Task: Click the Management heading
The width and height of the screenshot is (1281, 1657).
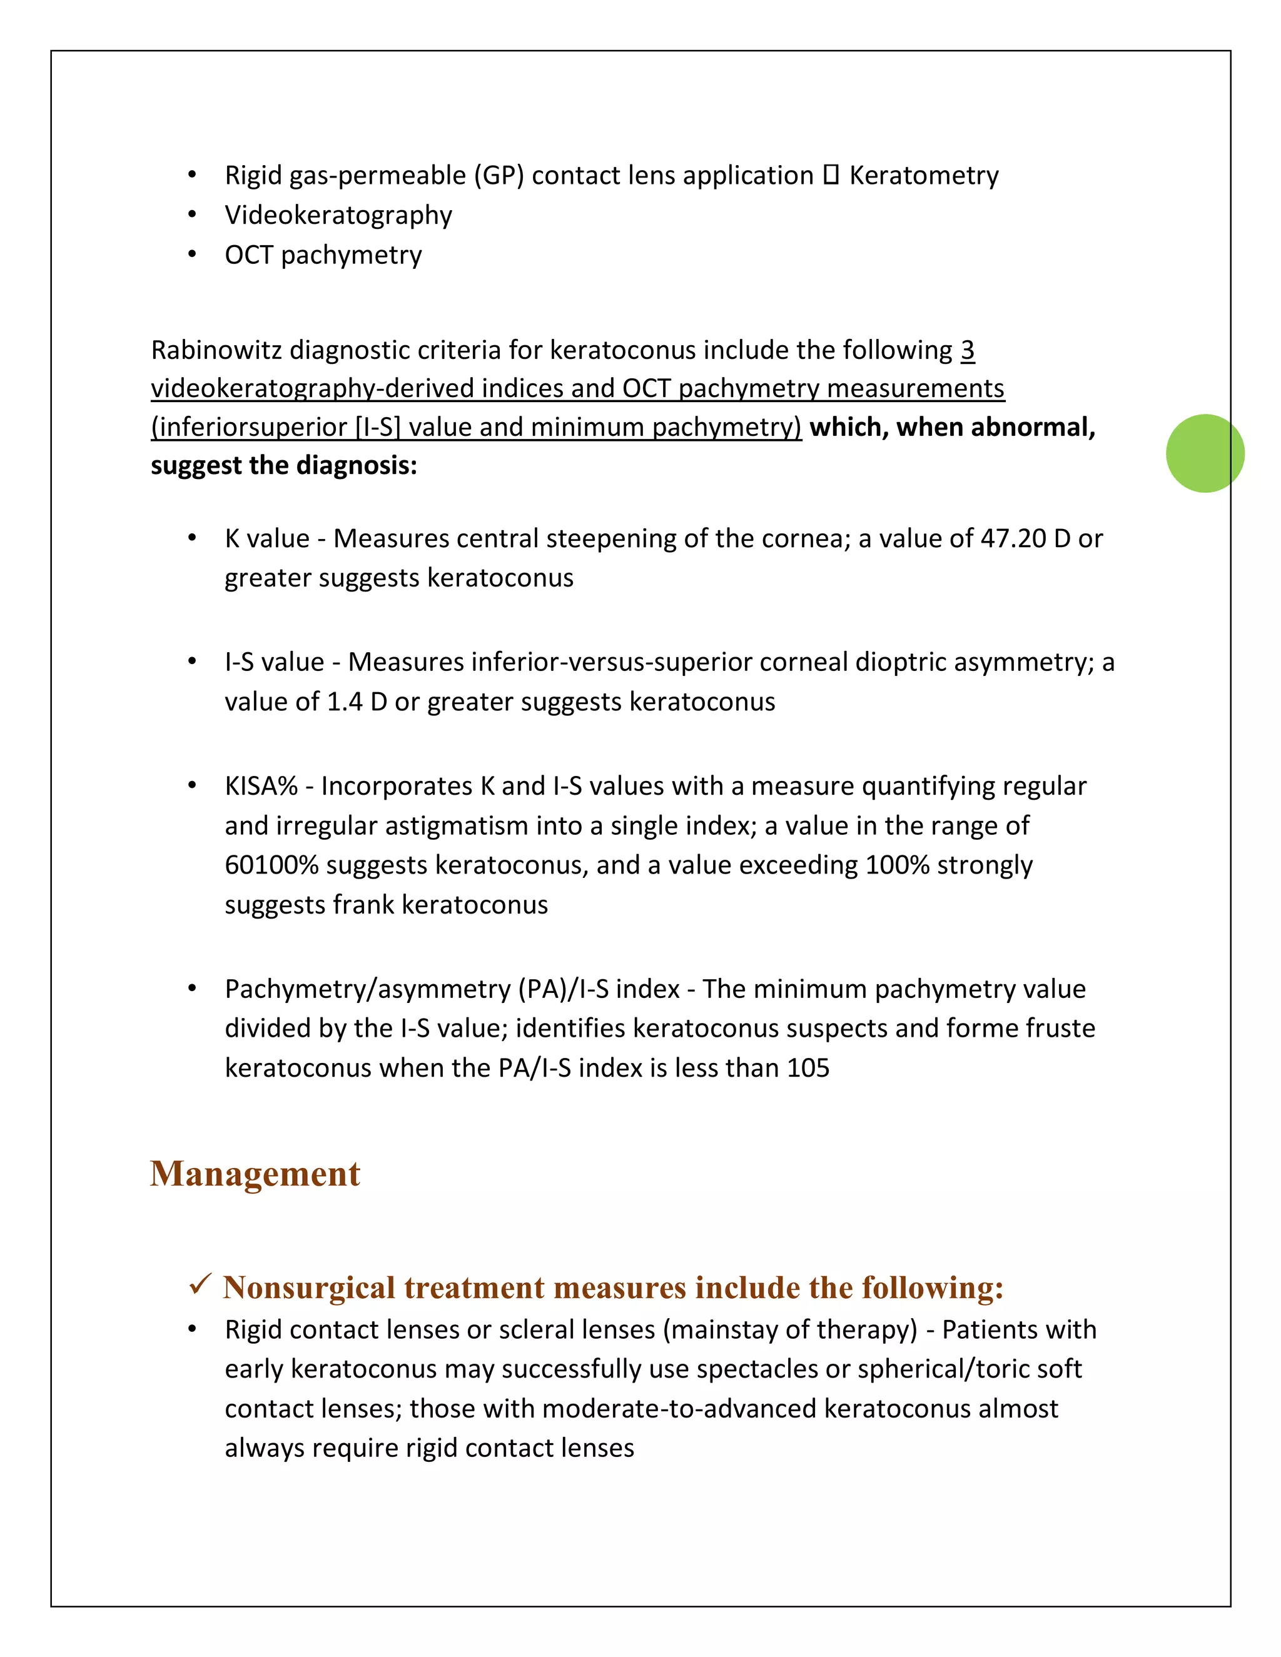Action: pyautogui.click(x=255, y=1174)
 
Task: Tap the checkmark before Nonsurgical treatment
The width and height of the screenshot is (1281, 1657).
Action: pyautogui.click(x=200, y=1285)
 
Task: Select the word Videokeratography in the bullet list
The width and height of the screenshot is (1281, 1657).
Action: pyautogui.click(x=338, y=216)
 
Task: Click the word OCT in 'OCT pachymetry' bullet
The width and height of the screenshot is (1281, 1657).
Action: pyautogui.click(x=248, y=255)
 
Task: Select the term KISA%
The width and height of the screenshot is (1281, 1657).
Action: pyautogui.click(x=261, y=786)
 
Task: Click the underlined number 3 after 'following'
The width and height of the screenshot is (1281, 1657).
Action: pyautogui.click(x=967, y=351)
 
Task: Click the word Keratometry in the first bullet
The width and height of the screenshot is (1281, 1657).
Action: pyautogui.click(x=924, y=175)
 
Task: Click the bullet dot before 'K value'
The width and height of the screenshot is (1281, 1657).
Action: pyautogui.click(x=192, y=538)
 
